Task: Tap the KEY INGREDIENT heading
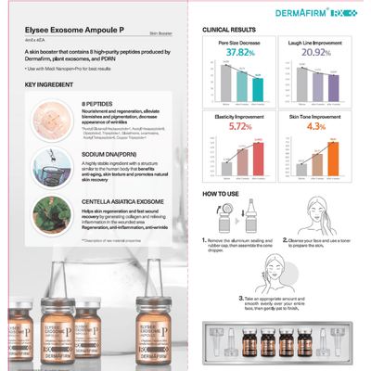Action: [x=44, y=84]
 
